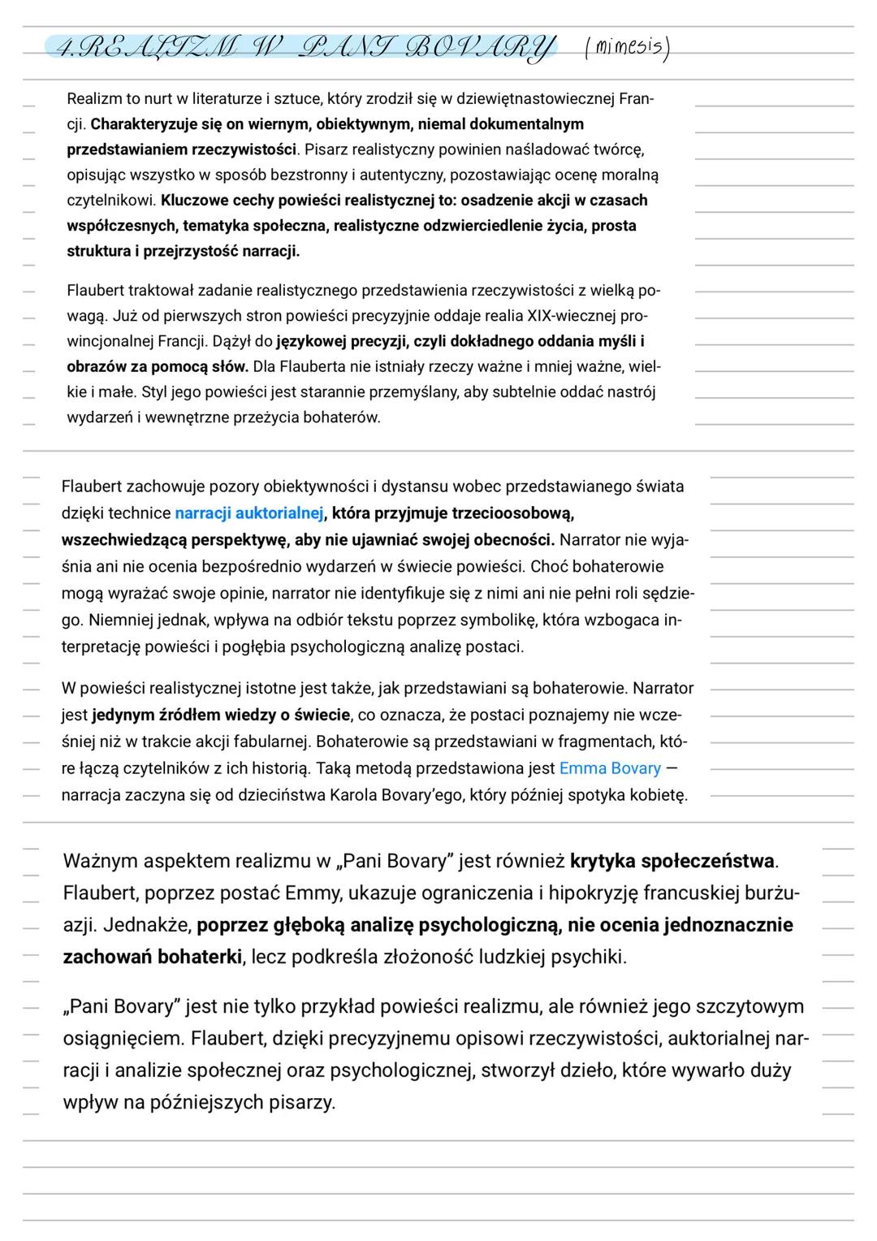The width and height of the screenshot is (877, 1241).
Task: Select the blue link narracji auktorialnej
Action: click(249, 513)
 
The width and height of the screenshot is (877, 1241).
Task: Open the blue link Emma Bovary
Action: click(610, 768)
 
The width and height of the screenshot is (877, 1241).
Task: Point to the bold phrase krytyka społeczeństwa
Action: click(673, 860)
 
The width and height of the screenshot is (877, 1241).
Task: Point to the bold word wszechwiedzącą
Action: click(121, 539)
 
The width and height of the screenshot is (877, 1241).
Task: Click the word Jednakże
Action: click(146, 924)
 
